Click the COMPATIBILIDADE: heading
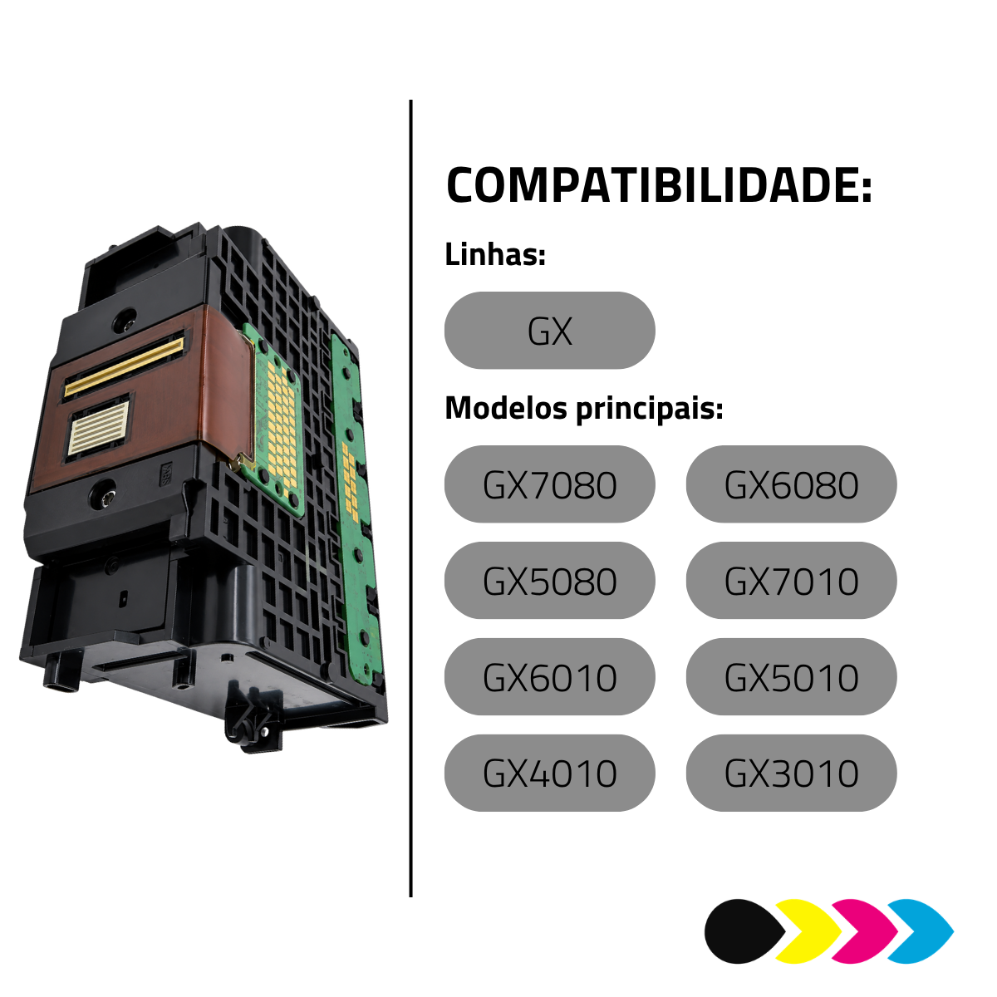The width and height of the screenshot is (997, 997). pos(659,184)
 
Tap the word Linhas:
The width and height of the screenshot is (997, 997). pos(495,255)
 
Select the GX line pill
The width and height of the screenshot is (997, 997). pos(549,331)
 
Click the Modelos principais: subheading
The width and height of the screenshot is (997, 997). pos(583,409)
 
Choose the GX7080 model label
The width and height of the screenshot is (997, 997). pos(549,484)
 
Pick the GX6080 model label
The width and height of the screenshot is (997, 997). pos(791,484)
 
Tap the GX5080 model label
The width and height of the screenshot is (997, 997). pos(549,581)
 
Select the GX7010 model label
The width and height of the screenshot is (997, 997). pos(791,581)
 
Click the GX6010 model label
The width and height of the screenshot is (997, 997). pos(549,677)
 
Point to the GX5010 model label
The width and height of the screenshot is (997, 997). pos(791,677)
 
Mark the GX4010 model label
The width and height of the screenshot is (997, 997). pos(549,774)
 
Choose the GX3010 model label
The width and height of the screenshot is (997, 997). pos(791,774)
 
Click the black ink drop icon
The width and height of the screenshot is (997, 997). pos(743,932)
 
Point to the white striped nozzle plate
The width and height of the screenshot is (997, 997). pos(99,427)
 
